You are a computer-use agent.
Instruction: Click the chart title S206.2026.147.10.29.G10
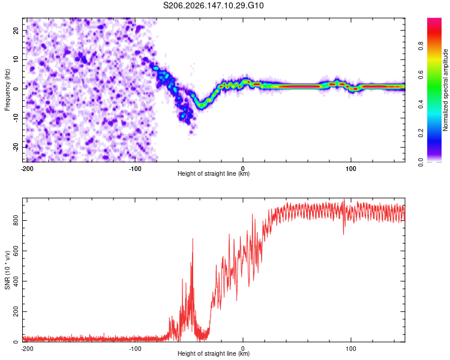pos(213,5)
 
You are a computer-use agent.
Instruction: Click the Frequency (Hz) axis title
pos(7,90)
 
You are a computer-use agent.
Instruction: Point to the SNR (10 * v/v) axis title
pos(7,270)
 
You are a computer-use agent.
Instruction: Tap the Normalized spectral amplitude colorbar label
pos(445,90)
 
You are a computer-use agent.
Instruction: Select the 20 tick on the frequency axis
pos(16,31)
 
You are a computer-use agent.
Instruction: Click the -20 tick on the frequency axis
pos(16,148)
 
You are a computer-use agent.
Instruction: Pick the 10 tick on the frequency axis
pos(16,60)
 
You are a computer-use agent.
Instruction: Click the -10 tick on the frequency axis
pos(16,118)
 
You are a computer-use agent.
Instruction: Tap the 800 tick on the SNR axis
pos(16,220)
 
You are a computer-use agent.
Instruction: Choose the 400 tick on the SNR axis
pos(16,281)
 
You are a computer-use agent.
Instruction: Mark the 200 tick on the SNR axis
pos(16,311)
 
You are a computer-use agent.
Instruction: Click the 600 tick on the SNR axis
pos(16,251)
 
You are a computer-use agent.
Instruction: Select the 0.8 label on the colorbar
pos(421,46)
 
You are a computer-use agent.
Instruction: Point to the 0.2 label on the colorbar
pos(421,133)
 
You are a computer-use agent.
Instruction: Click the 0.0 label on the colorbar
pos(421,162)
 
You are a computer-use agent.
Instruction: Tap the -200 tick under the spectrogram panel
pos(27,169)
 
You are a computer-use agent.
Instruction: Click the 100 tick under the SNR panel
pos(351,349)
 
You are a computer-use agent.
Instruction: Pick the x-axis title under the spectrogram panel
pos(214,173)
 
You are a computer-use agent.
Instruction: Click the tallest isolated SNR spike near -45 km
pos(193,239)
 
